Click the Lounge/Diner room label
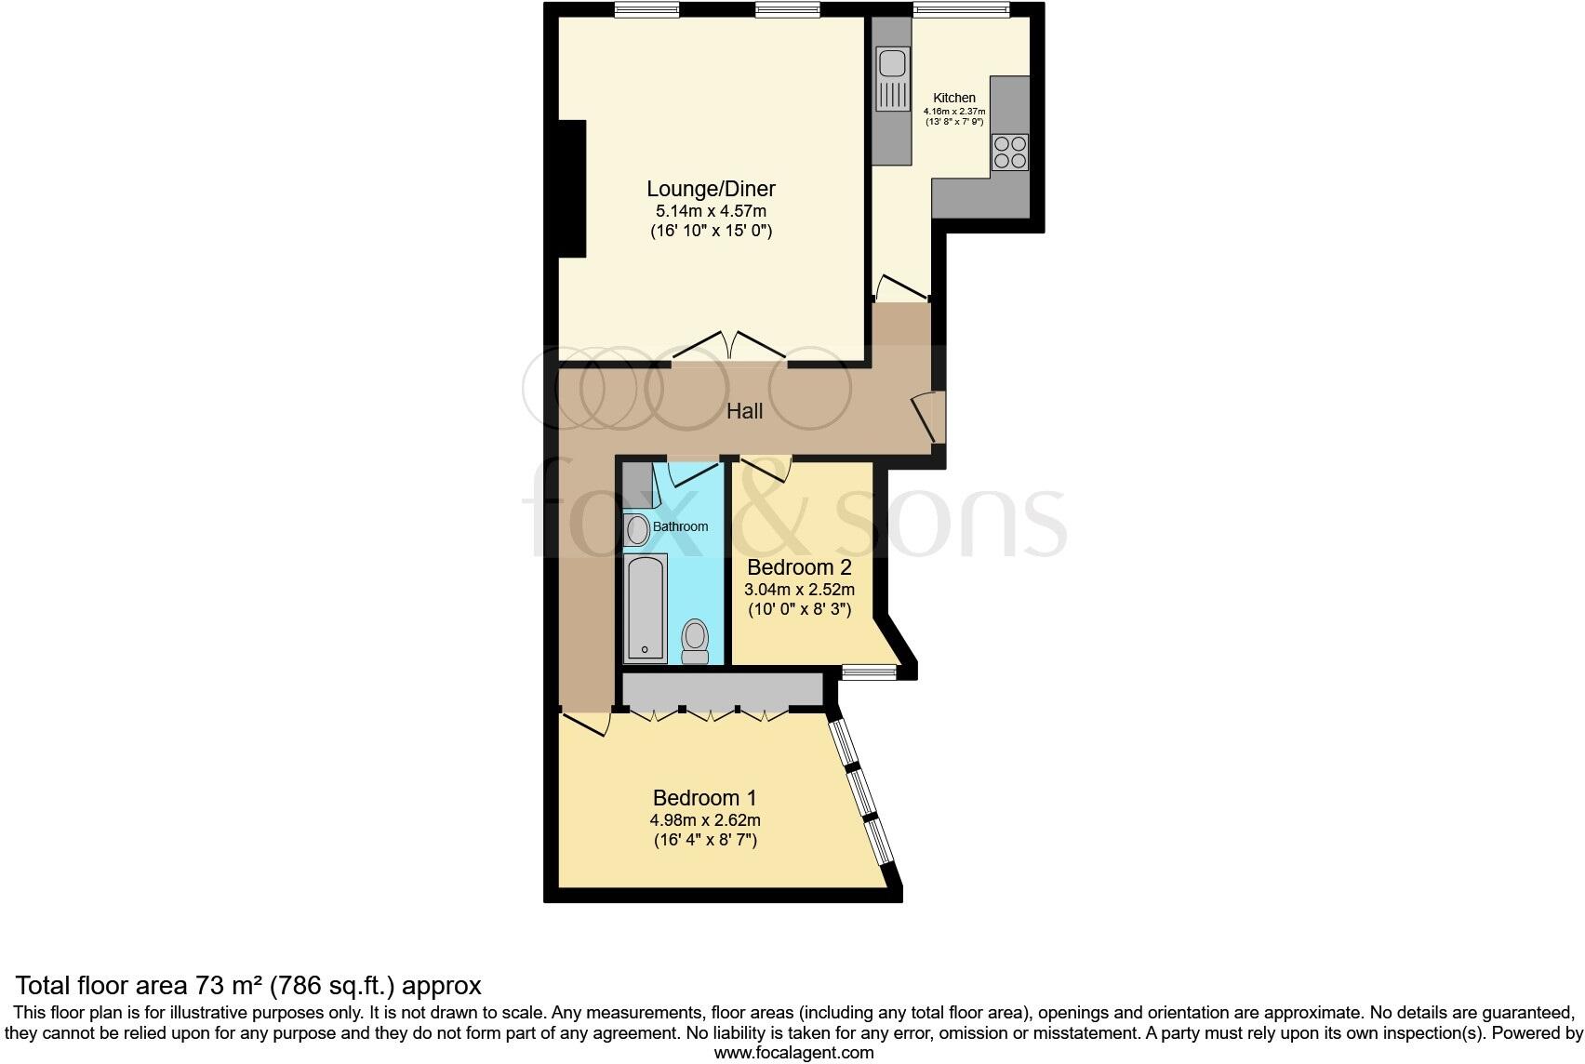click(x=712, y=189)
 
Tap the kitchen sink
click(x=893, y=78)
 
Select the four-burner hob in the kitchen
click(x=1010, y=153)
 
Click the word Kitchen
click(x=953, y=98)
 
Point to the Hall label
click(x=744, y=411)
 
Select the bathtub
click(x=646, y=608)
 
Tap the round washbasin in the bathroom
click(x=637, y=530)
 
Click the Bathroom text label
click(x=680, y=526)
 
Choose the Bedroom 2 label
click(x=799, y=567)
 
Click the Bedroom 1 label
click(x=704, y=798)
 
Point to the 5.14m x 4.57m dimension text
click(x=712, y=211)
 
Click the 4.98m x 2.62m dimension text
click(x=705, y=820)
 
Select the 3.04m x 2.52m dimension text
click(x=799, y=590)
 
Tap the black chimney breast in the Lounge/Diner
click(x=572, y=189)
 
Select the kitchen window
click(x=961, y=9)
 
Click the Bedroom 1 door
click(x=585, y=724)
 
